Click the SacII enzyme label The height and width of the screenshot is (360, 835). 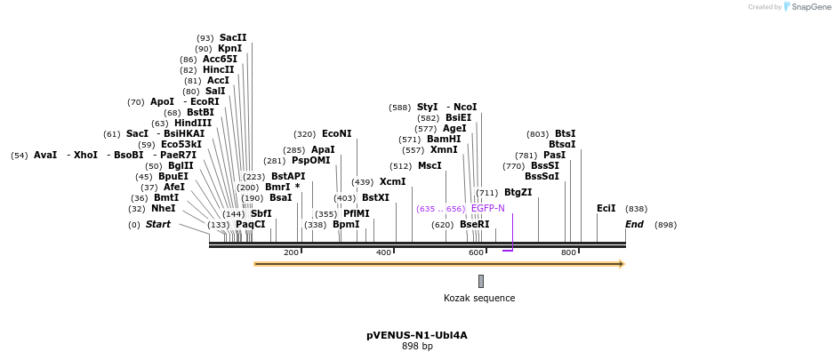(x=233, y=38)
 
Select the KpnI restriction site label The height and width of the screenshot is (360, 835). (x=229, y=49)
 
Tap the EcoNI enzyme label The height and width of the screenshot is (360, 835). (x=336, y=134)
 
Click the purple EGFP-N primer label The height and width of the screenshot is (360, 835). (x=487, y=209)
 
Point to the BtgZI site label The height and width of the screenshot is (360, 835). (x=518, y=193)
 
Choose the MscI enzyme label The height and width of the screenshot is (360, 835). (x=429, y=166)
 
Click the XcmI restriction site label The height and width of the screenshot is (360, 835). (x=392, y=182)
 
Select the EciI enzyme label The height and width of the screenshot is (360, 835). (x=606, y=209)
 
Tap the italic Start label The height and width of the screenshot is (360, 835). (x=157, y=225)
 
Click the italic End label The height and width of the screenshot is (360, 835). (x=634, y=225)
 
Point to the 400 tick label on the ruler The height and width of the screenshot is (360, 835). (x=383, y=253)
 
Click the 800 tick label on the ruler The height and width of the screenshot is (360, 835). (x=568, y=253)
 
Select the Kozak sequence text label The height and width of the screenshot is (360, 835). (x=479, y=299)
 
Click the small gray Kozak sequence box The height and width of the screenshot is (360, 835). (x=481, y=281)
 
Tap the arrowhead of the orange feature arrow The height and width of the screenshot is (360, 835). (x=622, y=264)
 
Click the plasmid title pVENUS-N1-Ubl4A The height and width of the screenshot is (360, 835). (x=416, y=336)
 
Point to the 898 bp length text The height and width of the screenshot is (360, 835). (x=417, y=347)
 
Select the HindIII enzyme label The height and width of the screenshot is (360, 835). (x=193, y=124)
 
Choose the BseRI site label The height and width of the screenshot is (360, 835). (x=474, y=225)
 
